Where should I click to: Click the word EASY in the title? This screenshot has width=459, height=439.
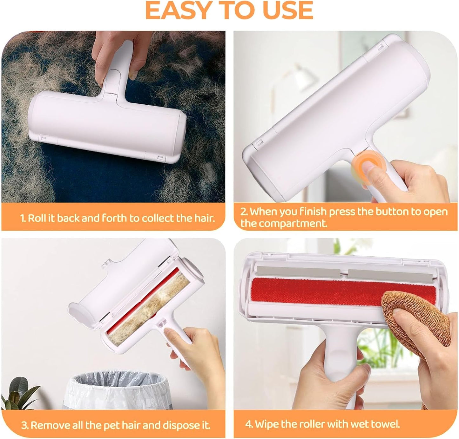pos(178,10)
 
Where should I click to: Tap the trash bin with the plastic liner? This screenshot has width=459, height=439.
pos(117,390)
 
